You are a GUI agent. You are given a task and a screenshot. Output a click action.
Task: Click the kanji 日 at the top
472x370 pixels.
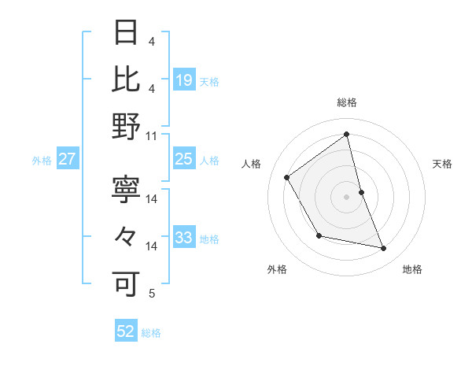[126, 33]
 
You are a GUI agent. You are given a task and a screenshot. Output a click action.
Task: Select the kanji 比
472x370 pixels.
[126, 79]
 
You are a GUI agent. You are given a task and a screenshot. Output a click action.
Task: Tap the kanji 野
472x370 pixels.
[126, 125]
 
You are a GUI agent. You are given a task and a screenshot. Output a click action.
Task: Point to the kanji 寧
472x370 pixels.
[126, 190]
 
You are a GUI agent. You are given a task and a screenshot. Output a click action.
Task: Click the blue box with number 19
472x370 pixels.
[184, 80]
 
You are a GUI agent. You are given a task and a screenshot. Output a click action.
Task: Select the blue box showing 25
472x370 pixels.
[184, 159]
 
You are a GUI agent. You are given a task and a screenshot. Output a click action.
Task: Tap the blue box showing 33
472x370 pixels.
[184, 238]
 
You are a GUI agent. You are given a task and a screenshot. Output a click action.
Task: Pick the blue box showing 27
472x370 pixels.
[68, 159]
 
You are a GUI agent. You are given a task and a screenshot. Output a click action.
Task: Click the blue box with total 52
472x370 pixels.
[126, 331]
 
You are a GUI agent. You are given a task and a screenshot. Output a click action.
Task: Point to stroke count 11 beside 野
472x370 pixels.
[152, 135]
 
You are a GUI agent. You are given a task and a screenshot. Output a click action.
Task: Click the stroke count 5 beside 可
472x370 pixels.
[152, 294]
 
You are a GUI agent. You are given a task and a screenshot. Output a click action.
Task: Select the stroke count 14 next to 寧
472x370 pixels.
[152, 199]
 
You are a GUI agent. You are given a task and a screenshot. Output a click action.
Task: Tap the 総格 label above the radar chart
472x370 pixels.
[346, 102]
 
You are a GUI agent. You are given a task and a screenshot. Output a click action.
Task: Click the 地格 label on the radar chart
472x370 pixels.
[412, 269]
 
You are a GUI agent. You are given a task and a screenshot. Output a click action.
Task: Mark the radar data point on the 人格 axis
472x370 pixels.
[287, 177]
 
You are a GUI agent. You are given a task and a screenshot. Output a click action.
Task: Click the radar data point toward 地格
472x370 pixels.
[384, 249]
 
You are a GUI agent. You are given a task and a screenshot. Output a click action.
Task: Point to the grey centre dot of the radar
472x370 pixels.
[346, 196]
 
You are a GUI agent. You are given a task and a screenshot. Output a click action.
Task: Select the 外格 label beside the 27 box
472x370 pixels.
[42, 161]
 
